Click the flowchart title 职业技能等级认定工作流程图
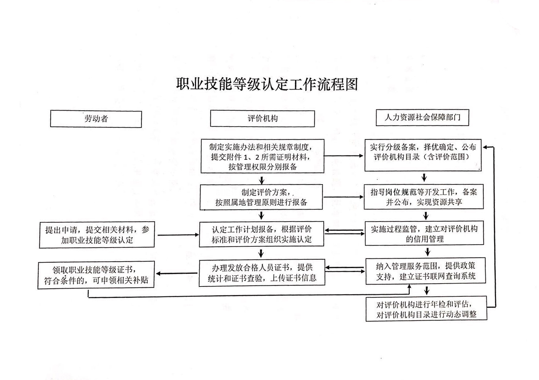point(267,84)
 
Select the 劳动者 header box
point(96,119)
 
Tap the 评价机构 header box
point(262,118)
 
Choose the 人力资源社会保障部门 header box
point(422,118)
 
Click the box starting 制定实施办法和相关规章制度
point(262,156)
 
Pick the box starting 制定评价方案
point(261,197)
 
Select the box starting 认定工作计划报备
point(262,234)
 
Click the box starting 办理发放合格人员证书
point(262,273)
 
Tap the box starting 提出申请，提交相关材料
point(97,235)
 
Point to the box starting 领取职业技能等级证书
point(96,275)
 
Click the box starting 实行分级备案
point(423,155)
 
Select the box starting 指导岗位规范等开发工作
point(424,197)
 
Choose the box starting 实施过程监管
point(424,233)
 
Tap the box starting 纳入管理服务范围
point(426,271)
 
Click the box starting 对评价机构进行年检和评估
point(427,309)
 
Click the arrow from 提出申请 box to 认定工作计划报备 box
point(178,235)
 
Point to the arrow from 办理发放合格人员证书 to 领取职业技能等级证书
point(177,273)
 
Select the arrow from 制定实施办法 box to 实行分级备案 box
point(344,156)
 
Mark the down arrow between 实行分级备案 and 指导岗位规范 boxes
point(424,178)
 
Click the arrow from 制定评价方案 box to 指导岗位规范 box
point(343,197)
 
